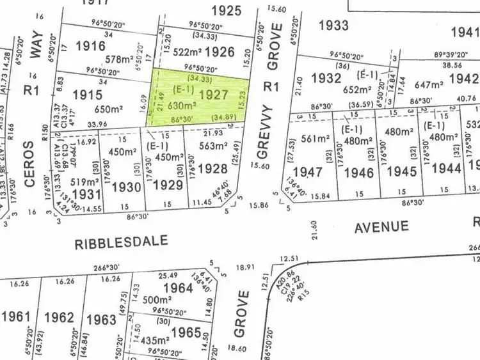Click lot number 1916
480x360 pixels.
(x=90, y=45)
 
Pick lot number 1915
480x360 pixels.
(x=88, y=95)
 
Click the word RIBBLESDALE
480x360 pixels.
(x=122, y=242)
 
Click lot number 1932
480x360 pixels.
(x=325, y=78)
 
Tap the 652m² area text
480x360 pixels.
(x=356, y=90)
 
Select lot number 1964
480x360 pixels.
(x=177, y=288)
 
